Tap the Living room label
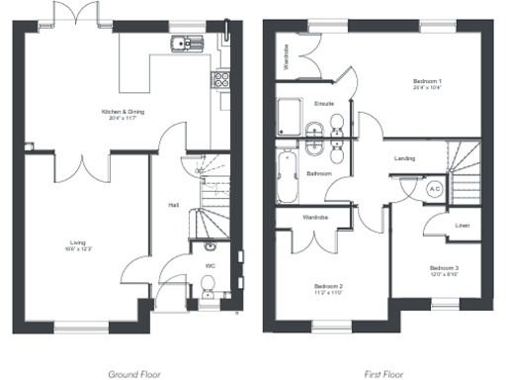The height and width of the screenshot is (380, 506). [x=77, y=240]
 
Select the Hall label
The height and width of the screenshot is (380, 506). [x=173, y=205]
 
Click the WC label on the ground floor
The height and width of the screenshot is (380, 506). [x=210, y=265]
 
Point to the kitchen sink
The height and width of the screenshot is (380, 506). [x=183, y=43]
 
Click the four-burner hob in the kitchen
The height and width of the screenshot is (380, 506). [x=222, y=80]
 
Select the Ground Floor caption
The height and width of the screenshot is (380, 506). [x=133, y=375]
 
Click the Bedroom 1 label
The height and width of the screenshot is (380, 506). [x=427, y=83]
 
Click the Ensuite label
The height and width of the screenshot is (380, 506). [x=323, y=103]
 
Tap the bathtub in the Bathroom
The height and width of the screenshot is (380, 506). [x=288, y=175]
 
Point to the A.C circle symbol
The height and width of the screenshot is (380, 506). [x=434, y=188]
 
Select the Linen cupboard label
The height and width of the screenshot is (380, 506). [x=462, y=225]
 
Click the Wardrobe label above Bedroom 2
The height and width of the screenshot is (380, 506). [x=314, y=217]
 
